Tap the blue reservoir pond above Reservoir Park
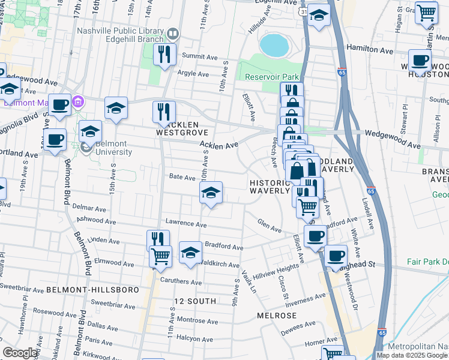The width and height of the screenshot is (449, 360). tap(274, 44)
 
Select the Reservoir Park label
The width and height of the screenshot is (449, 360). tap(272, 77)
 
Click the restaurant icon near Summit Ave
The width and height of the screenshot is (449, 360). tap(164, 55)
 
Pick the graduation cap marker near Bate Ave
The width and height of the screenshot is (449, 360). tap(211, 193)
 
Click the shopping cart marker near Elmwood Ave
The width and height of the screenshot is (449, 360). tap(160, 256)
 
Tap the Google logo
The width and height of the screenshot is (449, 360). tap(20, 353)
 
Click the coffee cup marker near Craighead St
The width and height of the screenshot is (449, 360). tap(336, 256)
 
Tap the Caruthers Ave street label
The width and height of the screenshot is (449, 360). tap(180, 281)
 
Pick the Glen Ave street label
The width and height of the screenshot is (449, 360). tap(269, 228)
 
